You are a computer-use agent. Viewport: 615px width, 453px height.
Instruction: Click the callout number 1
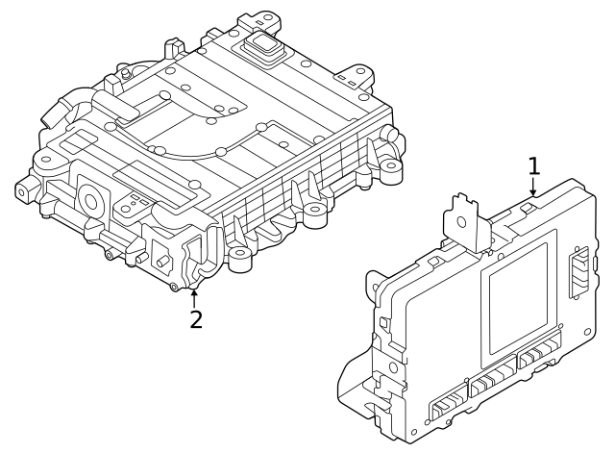(x=533, y=166)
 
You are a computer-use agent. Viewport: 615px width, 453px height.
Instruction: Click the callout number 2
(x=196, y=319)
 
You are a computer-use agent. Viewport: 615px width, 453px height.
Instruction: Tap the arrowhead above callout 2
(x=195, y=291)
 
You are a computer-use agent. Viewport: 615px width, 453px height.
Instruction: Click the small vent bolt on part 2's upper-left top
(x=125, y=73)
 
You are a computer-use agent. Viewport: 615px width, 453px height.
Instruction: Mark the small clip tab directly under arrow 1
(x=528, y=206)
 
